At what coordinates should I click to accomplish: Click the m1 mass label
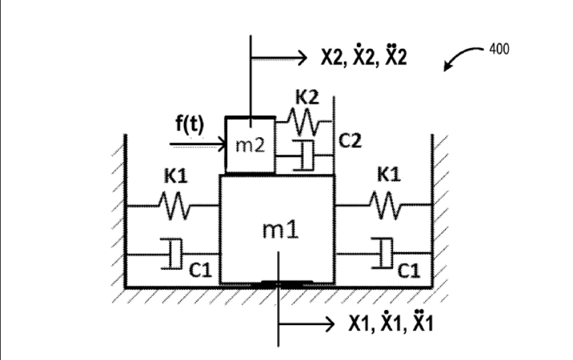(280, 230)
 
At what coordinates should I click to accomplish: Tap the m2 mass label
(250, 145)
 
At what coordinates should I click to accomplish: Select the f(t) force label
(189, 124)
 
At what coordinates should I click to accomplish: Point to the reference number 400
(499, 49)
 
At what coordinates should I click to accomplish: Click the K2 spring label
(307, 97)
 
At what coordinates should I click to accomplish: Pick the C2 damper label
(350, 141)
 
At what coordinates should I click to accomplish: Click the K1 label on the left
(175, 176)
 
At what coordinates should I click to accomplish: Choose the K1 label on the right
(389, 174)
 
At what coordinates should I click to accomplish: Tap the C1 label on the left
(200, 270)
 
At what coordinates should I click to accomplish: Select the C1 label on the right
(408, 271)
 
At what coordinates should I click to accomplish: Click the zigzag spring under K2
(303, 122)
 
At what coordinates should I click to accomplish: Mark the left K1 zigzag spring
(174, 206)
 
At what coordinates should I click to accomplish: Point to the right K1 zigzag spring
(385, 206)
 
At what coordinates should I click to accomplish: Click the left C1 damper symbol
(172, 254)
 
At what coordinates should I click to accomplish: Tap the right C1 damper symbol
(383, 254)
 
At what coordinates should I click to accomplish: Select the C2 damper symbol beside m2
(304, 156)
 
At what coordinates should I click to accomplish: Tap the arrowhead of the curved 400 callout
(446, 68)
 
